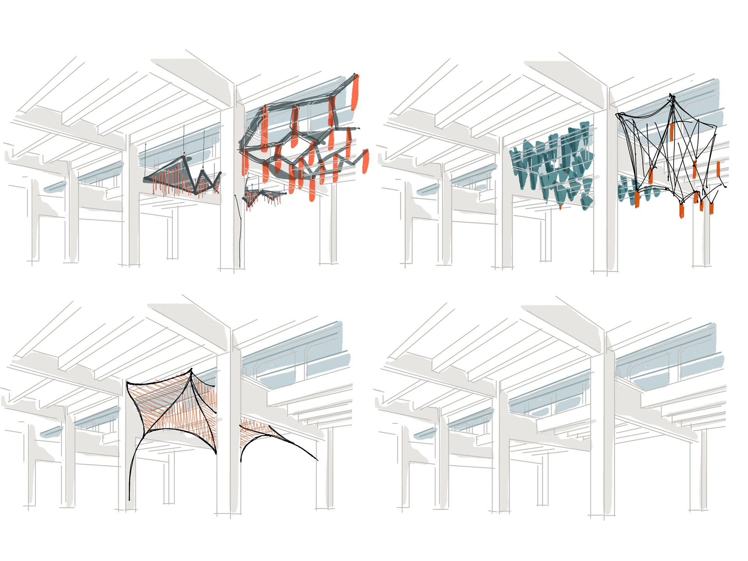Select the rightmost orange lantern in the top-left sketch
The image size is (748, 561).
pos(365,161)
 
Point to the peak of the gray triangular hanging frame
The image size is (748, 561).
pos(184,158)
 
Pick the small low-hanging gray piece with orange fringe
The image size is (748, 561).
pos(265,197)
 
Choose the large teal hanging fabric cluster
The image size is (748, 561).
pos(553,164)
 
